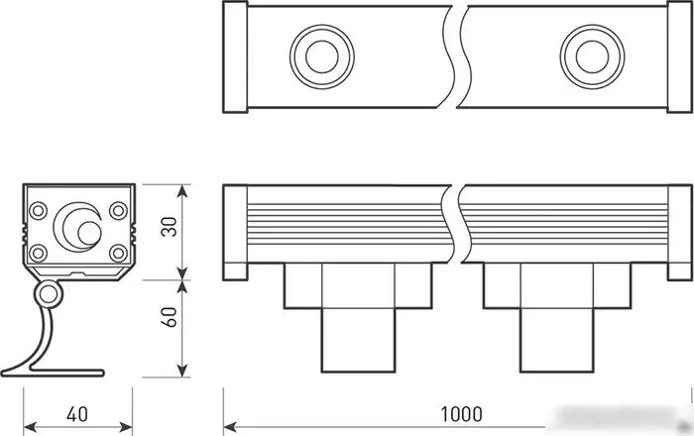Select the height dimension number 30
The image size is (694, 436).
point(170,229)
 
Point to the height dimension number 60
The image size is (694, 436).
point(170,317)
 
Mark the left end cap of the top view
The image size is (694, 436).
point(234,55)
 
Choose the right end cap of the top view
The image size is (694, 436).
point(678,55)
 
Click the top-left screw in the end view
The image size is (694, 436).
point(39,211)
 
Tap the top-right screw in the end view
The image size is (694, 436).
point(118,211)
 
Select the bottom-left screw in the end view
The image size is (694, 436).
point(39,251)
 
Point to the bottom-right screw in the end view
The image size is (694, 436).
point(118,251)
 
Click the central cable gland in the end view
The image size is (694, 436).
point(79,229)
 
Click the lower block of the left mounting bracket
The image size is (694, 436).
point(359,341)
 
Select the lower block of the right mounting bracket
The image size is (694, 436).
point(557,341)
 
